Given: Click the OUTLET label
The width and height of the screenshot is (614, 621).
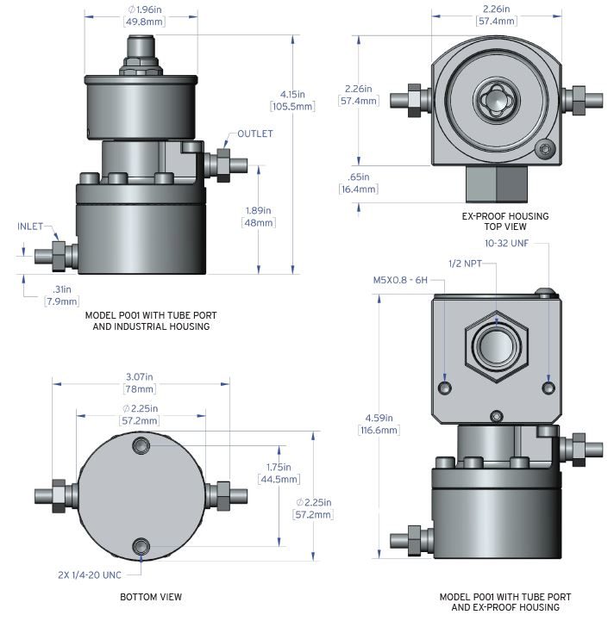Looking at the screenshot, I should click(x=256, y=134).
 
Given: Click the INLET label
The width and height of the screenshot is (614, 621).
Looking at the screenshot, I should click(x=31, y=227).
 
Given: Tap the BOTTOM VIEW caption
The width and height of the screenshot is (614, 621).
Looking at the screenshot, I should click(x=150, y=597).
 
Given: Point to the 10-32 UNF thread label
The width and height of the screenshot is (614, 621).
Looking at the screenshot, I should click(x=506, y=244).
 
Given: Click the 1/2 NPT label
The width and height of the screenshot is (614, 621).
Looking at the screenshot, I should click(x=467, y=263).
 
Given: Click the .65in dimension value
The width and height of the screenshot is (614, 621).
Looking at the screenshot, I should click(x=358, y=183).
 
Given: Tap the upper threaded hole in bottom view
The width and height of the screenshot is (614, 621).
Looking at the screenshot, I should click(x=142, y=445).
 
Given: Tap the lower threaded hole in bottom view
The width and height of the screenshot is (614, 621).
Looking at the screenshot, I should click(x=142, y=546).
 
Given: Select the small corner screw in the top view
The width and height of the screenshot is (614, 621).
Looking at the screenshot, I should click(x=543, y=149).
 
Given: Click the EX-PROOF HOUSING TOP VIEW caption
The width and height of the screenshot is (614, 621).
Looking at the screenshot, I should click(x=505, y=222).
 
